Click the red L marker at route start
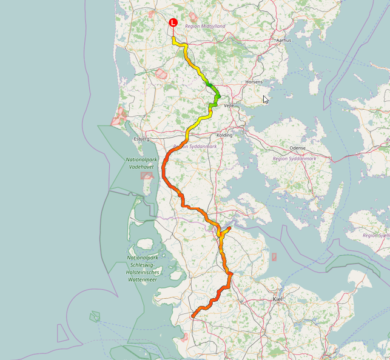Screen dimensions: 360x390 point(173,22)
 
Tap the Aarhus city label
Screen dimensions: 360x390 point(283,40)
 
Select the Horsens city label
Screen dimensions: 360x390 point(254,81)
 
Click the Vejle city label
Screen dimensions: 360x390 point(229,105)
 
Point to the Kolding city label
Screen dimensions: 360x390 point(224,135)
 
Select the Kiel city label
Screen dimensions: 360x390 point(278,299)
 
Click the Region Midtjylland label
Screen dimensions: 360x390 point(205,27)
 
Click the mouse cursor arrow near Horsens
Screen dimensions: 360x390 point(265,99)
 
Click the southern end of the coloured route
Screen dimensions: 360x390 point(193,316)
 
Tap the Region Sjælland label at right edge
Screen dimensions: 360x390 point(377,235)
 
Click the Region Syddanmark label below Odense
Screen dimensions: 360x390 point(295,158)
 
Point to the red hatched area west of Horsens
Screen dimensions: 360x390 point(161,74)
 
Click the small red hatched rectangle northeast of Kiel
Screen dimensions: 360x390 point(274,257)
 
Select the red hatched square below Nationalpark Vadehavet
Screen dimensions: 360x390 point(146,176)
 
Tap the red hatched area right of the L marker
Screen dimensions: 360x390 point(193,17)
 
